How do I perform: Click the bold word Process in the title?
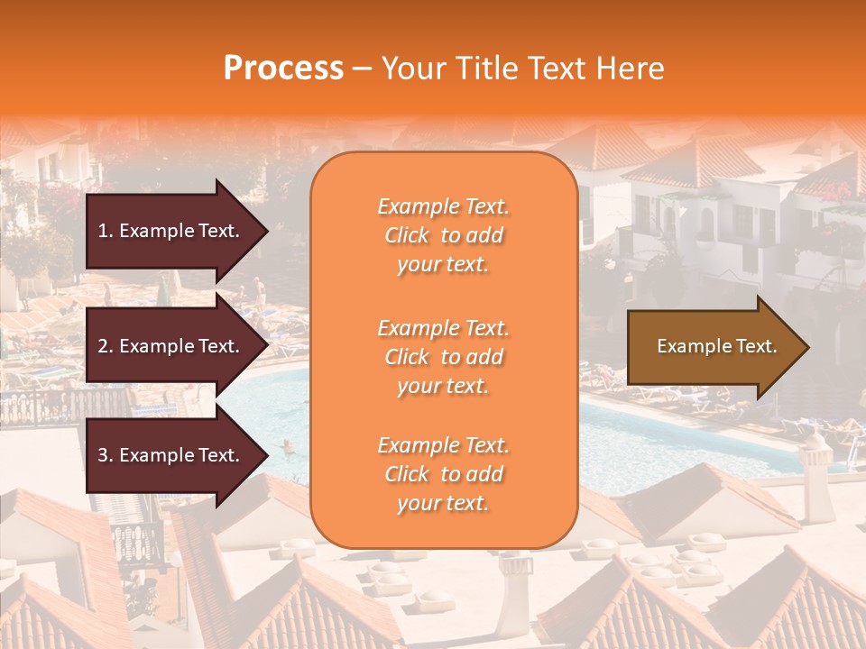click(283, 69)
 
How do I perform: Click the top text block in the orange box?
click(443, 235)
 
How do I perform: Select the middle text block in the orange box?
click(443, 357)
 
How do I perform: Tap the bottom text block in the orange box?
click(443, 474)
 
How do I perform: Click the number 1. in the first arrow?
click(105, 231)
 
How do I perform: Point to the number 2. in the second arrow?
click(105, 346)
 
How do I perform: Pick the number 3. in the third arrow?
click(105, 456)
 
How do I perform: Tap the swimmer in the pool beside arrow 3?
click(287, 446)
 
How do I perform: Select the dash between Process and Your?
click(362, 69)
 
